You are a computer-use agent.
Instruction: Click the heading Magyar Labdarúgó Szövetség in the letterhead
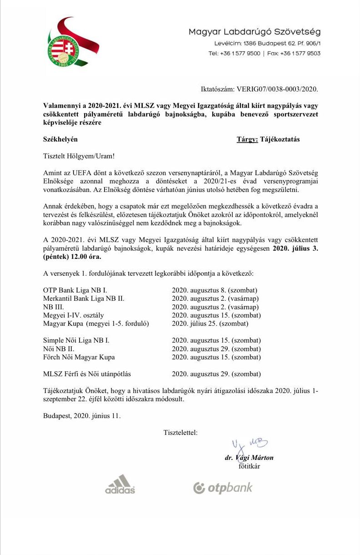(255, 32)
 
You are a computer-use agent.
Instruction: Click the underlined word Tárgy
(247, 140)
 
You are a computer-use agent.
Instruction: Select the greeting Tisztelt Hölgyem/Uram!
(79, 156)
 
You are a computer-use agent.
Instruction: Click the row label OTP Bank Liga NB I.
(75, 290)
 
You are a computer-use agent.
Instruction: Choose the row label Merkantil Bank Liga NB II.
(84, 298)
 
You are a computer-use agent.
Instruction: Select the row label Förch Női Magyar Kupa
(79, 357)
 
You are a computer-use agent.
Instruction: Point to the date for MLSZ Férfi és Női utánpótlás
(216, 374)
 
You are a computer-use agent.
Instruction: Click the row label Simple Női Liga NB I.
(76, 340)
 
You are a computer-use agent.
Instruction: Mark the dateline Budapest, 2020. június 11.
(82, 415)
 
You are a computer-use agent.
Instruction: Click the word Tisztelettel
(180, 433)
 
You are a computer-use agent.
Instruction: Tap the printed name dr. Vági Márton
(249, 458)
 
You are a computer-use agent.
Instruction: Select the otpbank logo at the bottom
(223, 488)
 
